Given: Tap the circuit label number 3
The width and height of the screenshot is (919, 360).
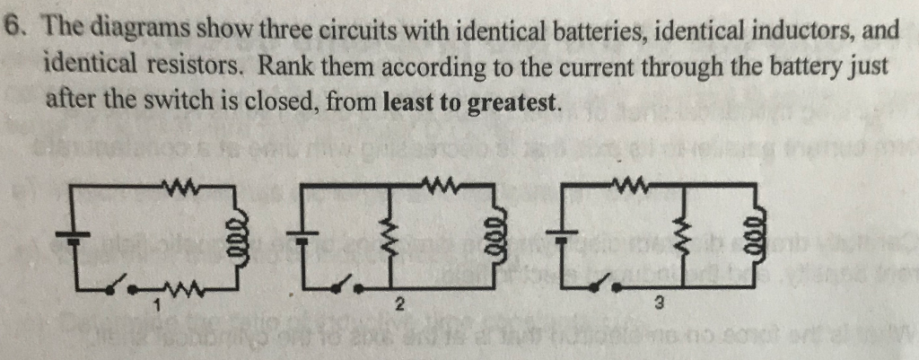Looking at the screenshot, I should (x=660, y=306).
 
